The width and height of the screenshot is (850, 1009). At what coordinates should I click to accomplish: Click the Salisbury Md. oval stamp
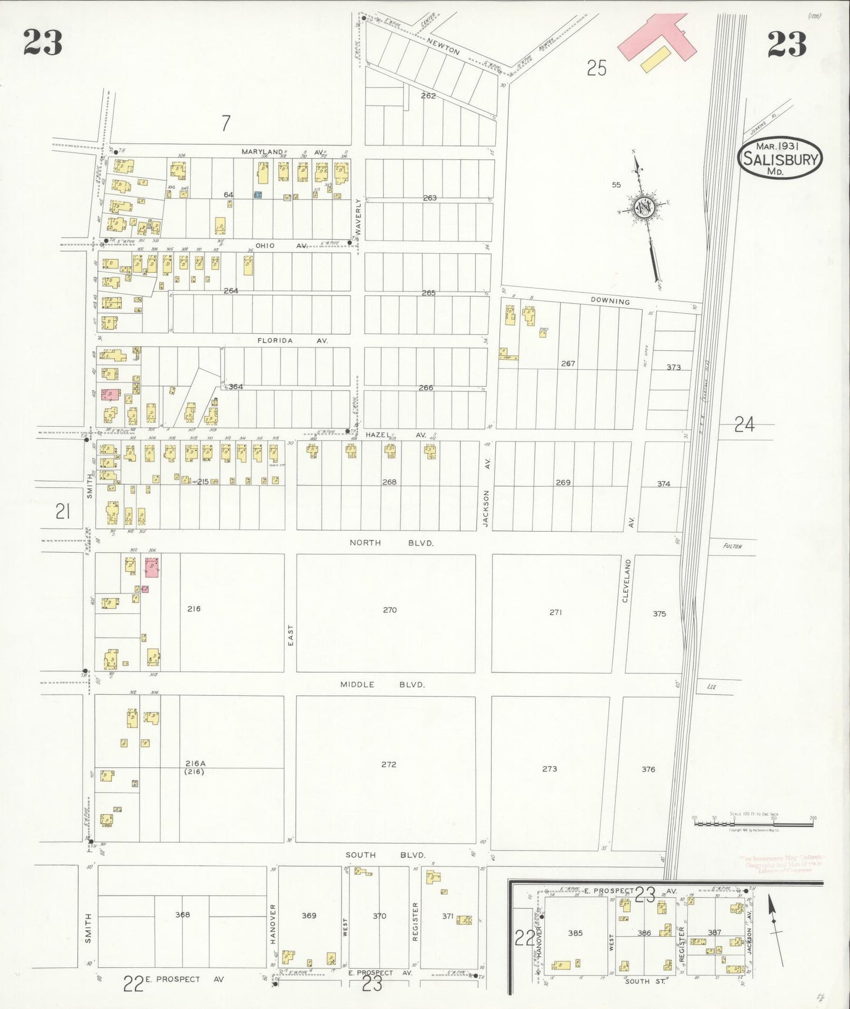click(x=779, y=158)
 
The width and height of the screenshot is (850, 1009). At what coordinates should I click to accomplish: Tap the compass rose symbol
click(x=643, y=207)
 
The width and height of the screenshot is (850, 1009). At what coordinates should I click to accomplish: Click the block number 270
click(x=389, y=610)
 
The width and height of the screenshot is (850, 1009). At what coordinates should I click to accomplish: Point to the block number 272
click(x=388, y=764)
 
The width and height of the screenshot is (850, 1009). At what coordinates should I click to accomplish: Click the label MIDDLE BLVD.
click(x=382, y=685)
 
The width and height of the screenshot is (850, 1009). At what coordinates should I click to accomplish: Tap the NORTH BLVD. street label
click(x=391, y=543)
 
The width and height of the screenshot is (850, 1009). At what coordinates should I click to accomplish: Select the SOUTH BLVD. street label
click(x=385, y=855)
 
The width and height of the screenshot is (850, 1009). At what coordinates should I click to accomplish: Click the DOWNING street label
click(x=610, y=301)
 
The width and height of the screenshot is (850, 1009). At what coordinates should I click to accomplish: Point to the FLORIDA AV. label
click(x=292, y=340)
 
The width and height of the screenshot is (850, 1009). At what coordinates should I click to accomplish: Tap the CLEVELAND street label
click(x=626, y=580)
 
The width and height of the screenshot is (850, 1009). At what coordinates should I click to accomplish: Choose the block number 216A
click(x=195, y=764)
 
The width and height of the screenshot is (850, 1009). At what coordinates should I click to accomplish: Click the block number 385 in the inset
click(x=575, y=933)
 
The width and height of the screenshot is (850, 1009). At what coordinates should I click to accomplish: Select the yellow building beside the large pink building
click(x=655, y=59)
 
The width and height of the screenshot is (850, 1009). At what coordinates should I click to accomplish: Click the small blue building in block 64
click(x=258, y=195)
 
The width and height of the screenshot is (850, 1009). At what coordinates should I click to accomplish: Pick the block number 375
click(x=659, y=613)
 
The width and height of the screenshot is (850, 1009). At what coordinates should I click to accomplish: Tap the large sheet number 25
click(x=596, y=68)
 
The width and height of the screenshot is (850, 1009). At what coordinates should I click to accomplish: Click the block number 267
click(x=568, y=363)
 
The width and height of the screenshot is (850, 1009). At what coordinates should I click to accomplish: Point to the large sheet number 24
click(x=744, y=424)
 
